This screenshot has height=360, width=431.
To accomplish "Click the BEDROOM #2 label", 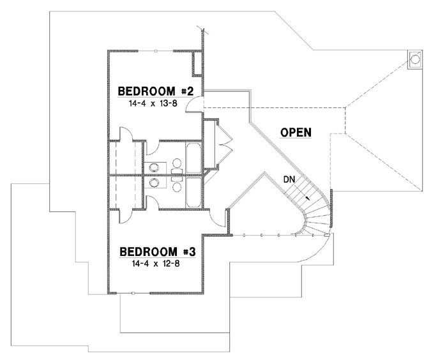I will click(156, 90).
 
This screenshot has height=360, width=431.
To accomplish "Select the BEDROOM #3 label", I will click(156, 251).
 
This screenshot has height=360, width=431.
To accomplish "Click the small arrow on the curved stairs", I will click(309, 199).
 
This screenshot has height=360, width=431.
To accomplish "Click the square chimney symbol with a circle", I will click(414, 59).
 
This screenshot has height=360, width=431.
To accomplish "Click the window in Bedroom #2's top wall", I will click(156, 50).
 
